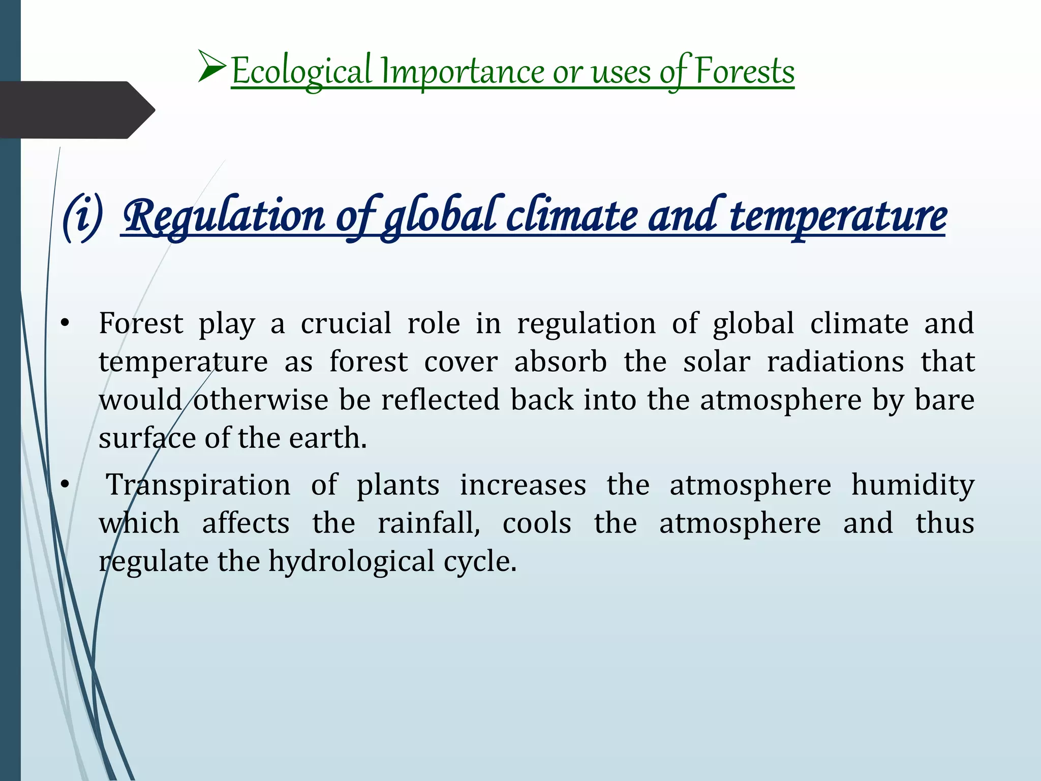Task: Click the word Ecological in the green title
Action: (301, 72)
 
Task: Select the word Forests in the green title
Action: (744, 71)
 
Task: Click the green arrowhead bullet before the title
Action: (212, 66)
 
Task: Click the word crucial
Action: (346, 323)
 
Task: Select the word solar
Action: (716, 362)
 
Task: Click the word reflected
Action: (440, 400)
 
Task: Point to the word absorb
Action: (560, 362)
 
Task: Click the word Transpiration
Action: (198, 485)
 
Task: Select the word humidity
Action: (913, 485)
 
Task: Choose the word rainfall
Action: (428, 523)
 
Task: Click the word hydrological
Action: (351, 562)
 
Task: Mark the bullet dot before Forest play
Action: (64, 324)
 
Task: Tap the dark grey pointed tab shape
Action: (76, 110)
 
